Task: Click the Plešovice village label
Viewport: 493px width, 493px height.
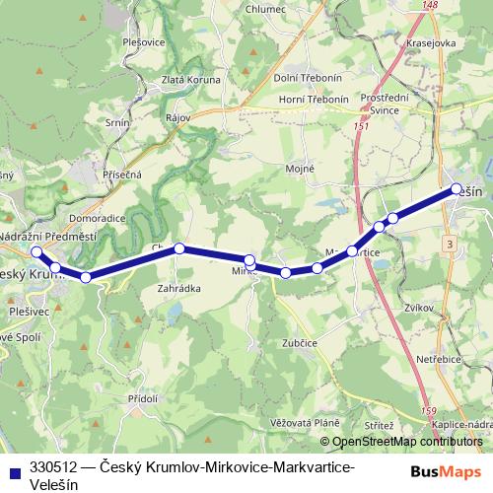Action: (144, 42)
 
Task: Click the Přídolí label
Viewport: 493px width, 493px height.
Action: (143, 398)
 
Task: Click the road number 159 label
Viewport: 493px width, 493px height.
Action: (428, 410)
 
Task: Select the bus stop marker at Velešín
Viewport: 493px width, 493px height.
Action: (456, 188)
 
